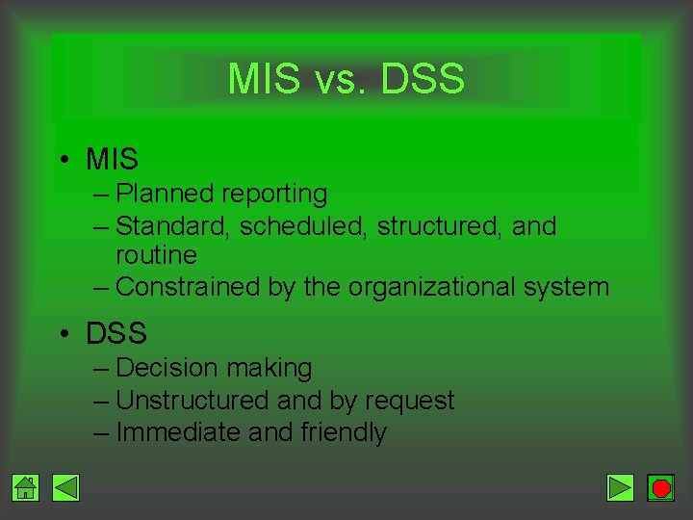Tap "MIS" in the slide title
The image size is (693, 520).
[264, 79]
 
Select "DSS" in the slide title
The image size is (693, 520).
[423, 79]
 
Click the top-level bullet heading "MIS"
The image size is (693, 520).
[112, 158]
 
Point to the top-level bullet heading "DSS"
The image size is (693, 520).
[116, 333]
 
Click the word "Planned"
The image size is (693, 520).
[165, 194]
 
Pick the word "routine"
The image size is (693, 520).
[156, 255]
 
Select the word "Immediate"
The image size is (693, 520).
[178, 432]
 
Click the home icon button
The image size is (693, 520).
[26, 488]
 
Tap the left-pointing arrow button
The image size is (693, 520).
[65, 488]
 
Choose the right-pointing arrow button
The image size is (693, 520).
[621, 488]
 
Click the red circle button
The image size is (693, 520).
[660, 488]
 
